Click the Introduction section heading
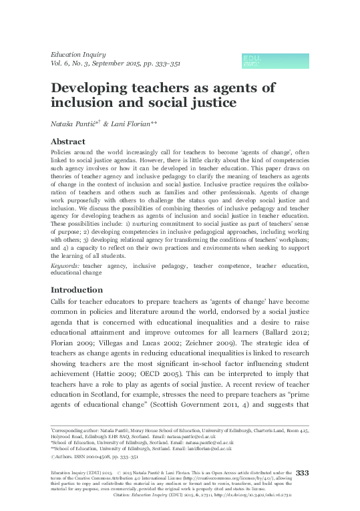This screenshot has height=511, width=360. click(x=80, y=291)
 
